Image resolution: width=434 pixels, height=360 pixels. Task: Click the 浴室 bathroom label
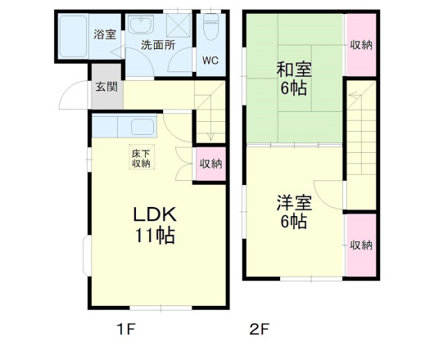(x=104, y=34)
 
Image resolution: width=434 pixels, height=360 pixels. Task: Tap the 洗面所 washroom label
(x=157, y=45)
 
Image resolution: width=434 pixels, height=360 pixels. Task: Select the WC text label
(x=210, y=59)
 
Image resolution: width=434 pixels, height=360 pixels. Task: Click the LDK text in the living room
(x=156, y=214)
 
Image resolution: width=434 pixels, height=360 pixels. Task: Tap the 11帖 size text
(x=156, y=236)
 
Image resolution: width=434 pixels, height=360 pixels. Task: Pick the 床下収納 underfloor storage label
(x=141, y=157)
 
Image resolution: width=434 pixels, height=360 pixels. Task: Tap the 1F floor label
(x=124, y=331)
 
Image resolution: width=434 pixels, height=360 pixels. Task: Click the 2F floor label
(x=259, y=331)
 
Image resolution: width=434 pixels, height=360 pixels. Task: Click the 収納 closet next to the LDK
(x=210, y=163)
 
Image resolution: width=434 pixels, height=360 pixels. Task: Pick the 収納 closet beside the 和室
(x=360, y=45)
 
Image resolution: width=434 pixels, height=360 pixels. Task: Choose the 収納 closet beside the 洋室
(x=360, y=245)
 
